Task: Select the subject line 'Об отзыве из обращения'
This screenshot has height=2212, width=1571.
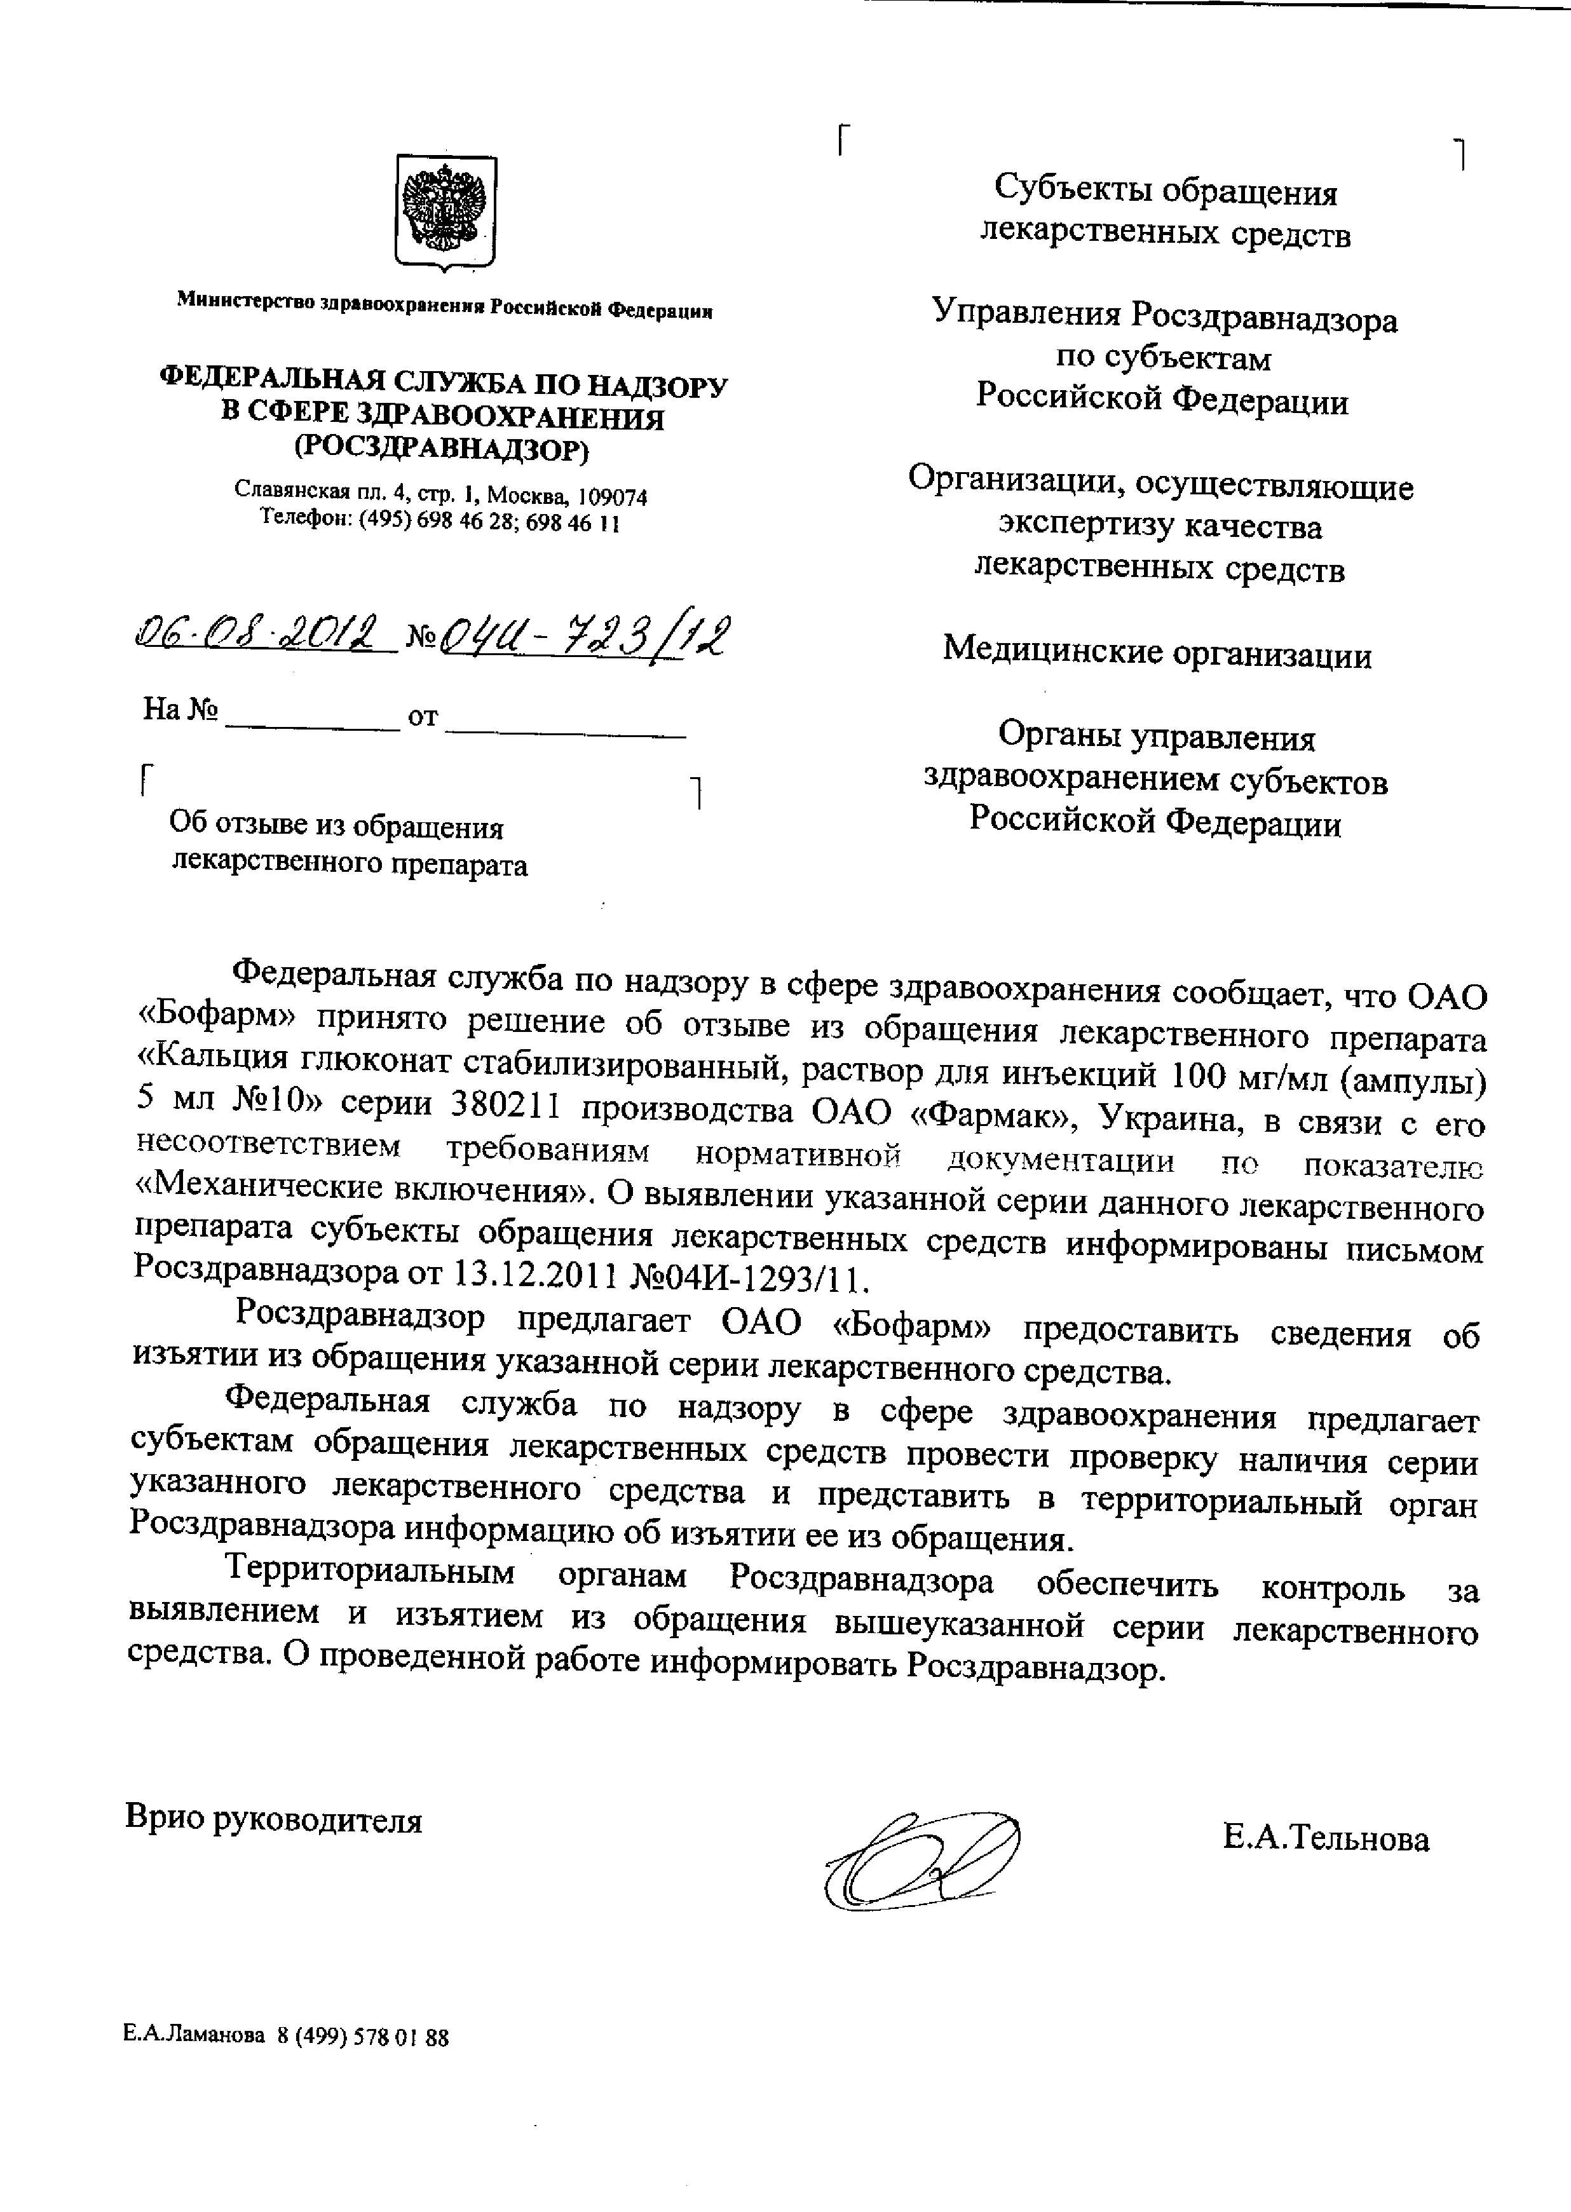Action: coord(337,827)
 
